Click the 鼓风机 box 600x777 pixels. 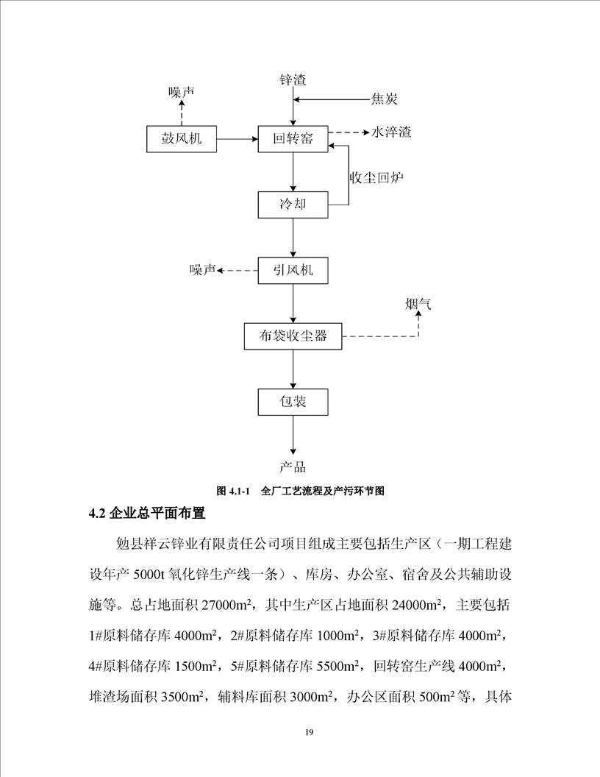point(182,138)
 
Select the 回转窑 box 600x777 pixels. point(293,138)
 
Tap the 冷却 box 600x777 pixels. point(293,205)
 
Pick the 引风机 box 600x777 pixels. point(293,270)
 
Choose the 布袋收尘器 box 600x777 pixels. point(293,337)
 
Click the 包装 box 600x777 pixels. point(293,402)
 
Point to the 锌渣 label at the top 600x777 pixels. point(293,79)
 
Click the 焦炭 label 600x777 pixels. point(385,99)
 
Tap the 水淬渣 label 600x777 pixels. point(391,132)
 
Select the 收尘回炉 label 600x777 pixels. point(376,178)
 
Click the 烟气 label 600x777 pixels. point(418,302)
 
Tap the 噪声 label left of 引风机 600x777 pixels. point(202,271)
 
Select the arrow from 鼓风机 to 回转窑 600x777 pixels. point(238,138)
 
